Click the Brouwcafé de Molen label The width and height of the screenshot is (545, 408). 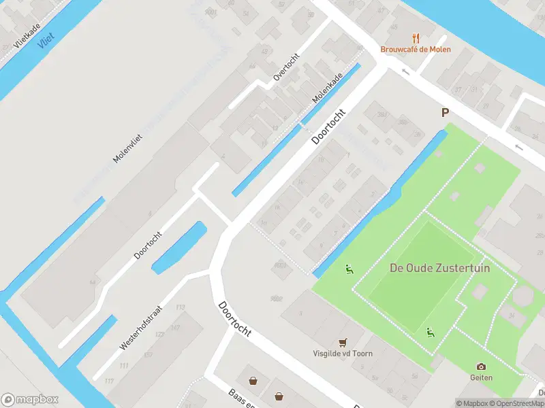tap(416, 50)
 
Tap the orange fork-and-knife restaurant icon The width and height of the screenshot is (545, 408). tap(416, 38)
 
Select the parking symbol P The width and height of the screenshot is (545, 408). tap(446, 113)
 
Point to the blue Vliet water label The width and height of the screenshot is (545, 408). tap(46, 41)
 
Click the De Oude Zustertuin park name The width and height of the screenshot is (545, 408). tap(439, 268)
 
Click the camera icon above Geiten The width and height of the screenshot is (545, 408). tap(481, 367)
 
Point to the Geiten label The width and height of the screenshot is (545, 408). tap(481, 377)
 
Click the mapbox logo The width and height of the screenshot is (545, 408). tap(30, 400)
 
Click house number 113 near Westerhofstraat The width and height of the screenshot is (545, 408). tap(181, 308)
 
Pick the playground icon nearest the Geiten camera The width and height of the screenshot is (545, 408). tap(430, 333)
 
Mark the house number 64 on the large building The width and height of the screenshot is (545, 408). tap(92, 282)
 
